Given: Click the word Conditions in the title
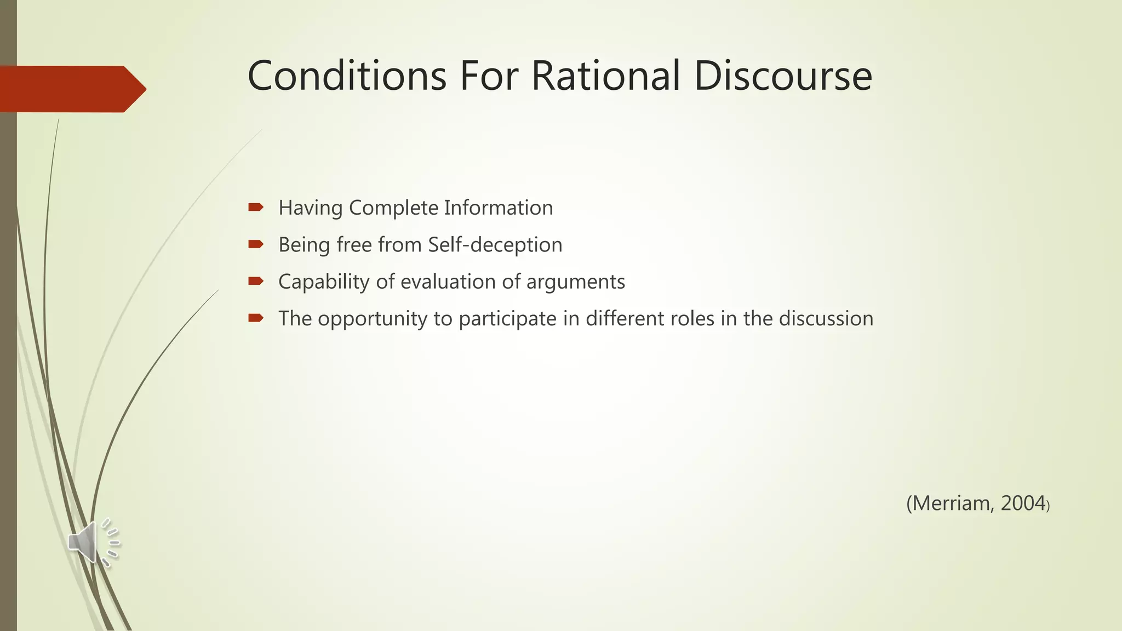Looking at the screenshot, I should pos(347,76).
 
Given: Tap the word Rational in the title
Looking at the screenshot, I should pos(605,76).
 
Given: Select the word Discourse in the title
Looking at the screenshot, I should pos(783,76).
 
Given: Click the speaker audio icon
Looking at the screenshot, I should pos(92,542).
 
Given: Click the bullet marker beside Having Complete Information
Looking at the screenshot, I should pos(256,207).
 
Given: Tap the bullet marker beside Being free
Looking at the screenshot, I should pos(256,244).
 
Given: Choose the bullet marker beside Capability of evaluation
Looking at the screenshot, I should pos(256,281).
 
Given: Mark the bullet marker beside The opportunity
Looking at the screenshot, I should pos(256,318).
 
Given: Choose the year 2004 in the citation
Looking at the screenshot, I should pos(1023,503).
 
